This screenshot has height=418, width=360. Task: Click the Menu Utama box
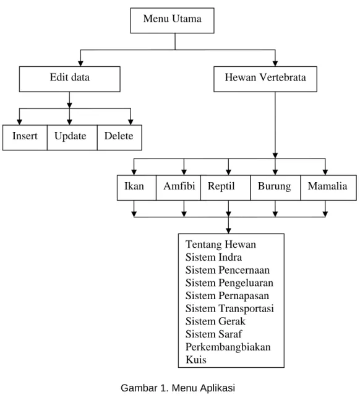coord(172,20)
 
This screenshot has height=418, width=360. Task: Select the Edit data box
coord(69,79)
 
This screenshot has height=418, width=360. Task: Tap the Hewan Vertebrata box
coord(265,79)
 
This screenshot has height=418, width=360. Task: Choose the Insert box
coord(25,137)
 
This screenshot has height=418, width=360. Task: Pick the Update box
coord(72,137)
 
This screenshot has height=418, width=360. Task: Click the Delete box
coord(119,137)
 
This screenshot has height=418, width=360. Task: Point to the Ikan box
coord(137,188)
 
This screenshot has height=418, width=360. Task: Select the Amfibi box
coord(178,188)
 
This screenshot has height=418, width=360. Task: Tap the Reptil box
coord(226,188)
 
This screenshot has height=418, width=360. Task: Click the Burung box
coord(276,188)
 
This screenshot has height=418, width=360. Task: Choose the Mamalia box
coord(328,188)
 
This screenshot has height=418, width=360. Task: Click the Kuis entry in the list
coord(196,360)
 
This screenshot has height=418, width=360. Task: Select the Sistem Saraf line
coord(214,334)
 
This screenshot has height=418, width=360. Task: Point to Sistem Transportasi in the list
coord(229,308)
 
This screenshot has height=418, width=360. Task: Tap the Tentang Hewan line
coord(221,244)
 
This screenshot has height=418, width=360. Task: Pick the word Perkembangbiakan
coord(228,347)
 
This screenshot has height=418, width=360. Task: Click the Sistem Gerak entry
coord(215,321)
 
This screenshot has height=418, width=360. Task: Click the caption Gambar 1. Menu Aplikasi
coord(178,388)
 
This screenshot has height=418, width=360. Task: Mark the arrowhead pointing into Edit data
coord(80,64)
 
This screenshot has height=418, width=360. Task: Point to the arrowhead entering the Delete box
coord(131,122)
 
